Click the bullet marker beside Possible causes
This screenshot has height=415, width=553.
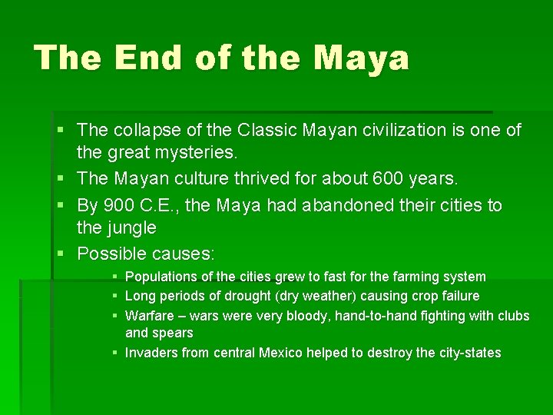tap(65, 254)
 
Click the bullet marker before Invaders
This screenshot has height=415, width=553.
tap(114, 353)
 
